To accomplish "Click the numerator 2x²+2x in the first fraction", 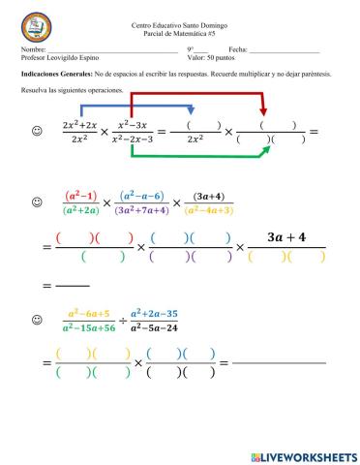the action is click(x=79, y=126).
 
